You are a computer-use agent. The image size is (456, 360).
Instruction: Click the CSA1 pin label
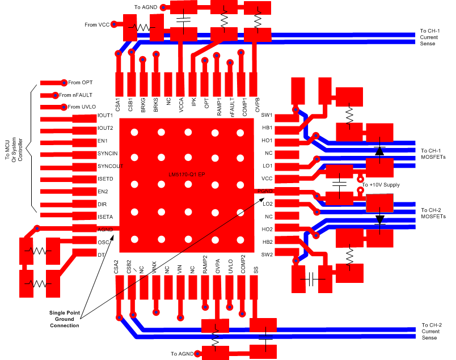118,104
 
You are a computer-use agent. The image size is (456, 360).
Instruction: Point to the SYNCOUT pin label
110,166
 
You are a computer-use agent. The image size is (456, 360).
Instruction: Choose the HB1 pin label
267,128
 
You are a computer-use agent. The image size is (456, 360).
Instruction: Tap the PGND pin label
265,191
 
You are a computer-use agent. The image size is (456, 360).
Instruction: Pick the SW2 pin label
267,255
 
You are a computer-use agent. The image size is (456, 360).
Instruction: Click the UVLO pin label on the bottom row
230,267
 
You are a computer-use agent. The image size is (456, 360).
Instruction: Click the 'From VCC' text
97,24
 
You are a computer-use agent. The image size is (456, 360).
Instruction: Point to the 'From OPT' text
80,83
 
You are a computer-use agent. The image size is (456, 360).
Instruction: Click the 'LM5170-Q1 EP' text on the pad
188,172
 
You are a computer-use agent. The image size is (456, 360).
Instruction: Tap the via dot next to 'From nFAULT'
56,95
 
